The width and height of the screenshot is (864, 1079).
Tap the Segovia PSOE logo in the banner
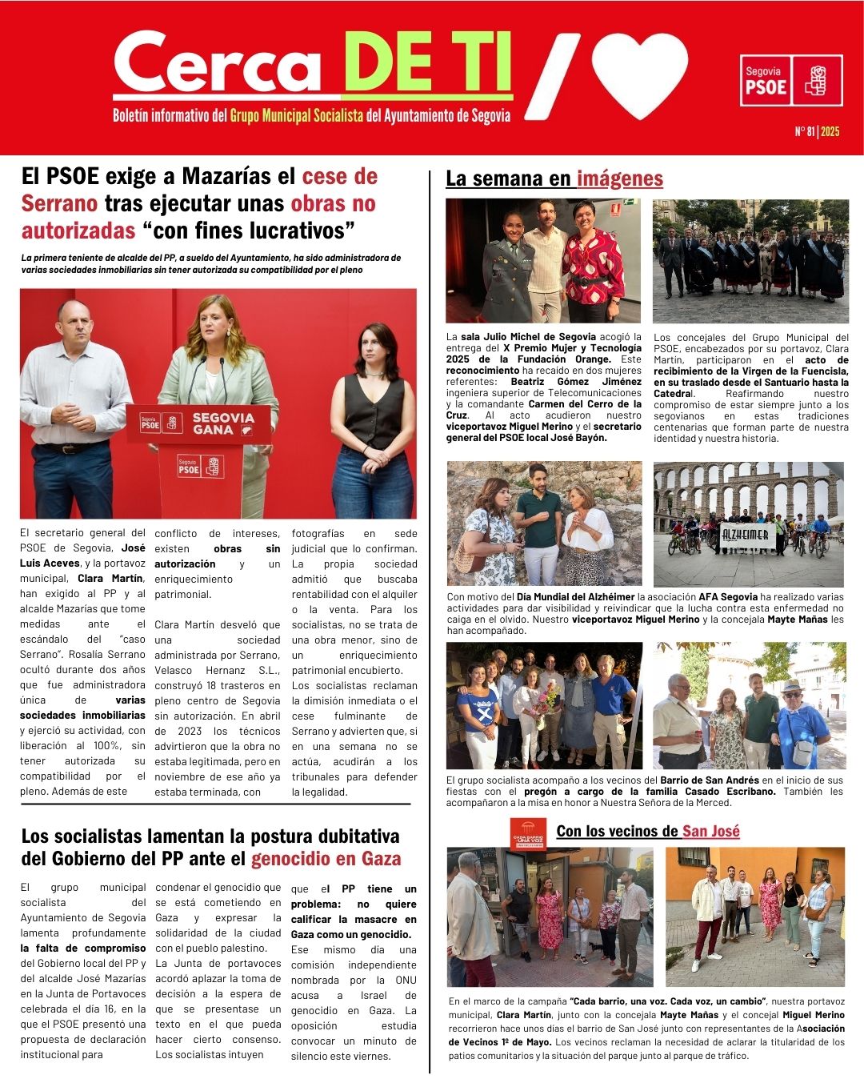[790, 80]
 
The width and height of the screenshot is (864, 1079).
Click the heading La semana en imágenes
[554, 178]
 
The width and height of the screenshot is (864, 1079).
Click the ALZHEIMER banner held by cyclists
[747, 535]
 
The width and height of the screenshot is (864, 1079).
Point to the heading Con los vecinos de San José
[647, 831]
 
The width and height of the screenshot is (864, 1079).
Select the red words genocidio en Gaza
[326, 859]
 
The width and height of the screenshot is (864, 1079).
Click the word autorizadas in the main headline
[78, 231]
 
